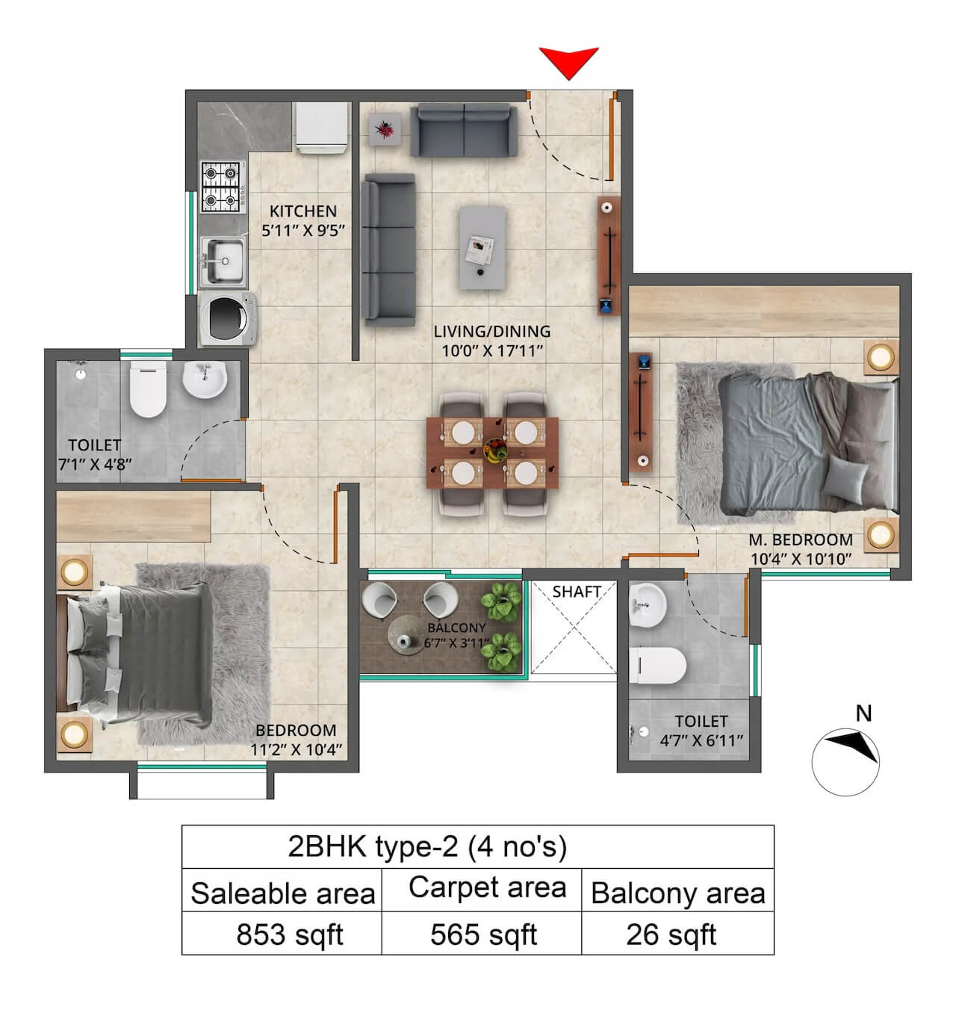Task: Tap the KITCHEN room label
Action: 302,211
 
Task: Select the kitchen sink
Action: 223,261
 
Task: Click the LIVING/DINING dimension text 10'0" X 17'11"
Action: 491,351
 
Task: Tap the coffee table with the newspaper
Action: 482,248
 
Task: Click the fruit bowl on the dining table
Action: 494,450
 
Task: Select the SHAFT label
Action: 577,592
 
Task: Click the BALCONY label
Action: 456,628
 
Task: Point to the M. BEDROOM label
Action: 801,539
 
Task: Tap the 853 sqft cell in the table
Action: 290,935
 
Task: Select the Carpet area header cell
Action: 487,888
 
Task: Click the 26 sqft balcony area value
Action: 671,935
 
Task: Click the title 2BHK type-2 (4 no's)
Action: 427,846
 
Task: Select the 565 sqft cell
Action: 483,935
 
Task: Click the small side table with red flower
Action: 385,130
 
